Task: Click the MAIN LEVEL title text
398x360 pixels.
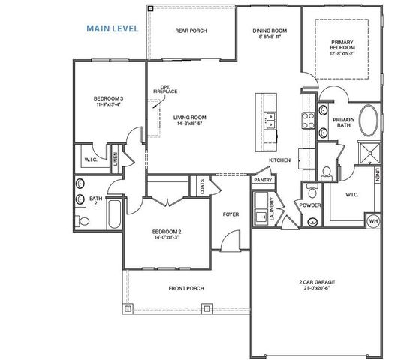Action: pyautogui.click(x=113, y=28)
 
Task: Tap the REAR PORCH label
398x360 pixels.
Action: pyautogui.click(x=191, y=31)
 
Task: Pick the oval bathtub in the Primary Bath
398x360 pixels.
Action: pyautogui.click(x=368, y=121)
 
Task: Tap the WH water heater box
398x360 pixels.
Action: pyautogui.click(x=372, y=221)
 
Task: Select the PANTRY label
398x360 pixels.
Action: pyautogui.click(x=262, y=180)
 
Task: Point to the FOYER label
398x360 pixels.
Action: pyautogui.click(x=231, y=214)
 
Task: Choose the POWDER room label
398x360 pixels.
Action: pyautogui.click(x=309, y=204)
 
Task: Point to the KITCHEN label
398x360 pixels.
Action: pyautogui.click(x=280, y=160)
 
